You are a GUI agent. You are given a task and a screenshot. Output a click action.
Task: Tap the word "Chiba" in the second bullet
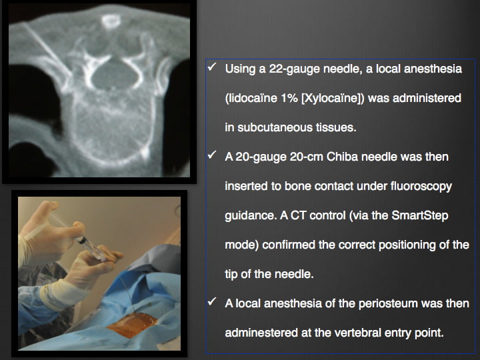pos(342,157)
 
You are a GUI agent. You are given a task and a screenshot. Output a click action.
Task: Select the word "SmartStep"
pos(420,215)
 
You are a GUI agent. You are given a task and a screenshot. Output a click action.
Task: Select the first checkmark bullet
pos(212,67)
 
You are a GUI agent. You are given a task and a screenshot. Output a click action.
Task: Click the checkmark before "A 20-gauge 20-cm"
pos(212,155)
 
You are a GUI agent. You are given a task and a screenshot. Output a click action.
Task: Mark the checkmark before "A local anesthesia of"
pos(212,301)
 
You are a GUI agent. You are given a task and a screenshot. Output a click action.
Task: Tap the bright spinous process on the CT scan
pos(111,21)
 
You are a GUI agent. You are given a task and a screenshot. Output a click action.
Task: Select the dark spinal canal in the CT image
pos(113,76)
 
